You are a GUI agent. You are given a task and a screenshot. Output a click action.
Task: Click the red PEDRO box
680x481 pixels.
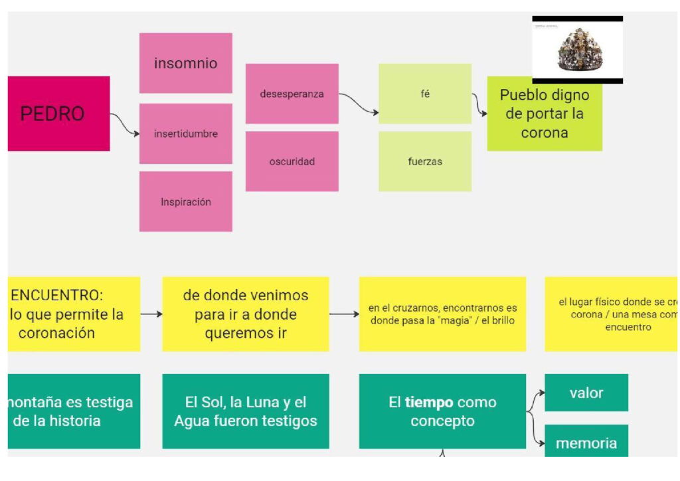(58, 114)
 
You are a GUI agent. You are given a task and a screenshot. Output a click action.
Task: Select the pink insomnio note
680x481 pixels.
(185, 63)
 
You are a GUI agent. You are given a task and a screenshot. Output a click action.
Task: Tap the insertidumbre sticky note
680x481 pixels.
(185, 134)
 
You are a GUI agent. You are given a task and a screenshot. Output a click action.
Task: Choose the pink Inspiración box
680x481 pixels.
(185, 201)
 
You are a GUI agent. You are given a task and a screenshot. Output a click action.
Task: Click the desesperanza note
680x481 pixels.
(292, 94)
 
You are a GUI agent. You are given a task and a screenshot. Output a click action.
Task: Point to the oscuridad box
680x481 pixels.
(292, 161)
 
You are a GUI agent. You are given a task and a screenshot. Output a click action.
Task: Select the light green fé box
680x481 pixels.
(425, 94)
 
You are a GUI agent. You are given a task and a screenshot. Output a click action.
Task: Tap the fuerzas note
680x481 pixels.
(425, 161)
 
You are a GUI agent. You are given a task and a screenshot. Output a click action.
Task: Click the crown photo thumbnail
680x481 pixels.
(577, 50)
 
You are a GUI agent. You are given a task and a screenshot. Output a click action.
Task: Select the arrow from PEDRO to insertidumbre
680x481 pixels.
(125, 125)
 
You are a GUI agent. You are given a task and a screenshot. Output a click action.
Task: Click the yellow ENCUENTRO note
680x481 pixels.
(74, 314)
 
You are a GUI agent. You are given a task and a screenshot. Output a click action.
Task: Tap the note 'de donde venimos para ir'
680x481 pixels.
(245, 314)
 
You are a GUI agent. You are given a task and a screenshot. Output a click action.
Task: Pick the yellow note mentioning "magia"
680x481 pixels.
(442, 314)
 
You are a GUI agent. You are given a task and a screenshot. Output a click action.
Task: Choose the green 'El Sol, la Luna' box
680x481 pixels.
(245, 411)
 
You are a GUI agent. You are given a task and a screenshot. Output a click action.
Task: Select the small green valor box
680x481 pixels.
(586, 393)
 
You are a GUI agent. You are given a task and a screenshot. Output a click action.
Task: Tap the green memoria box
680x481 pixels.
(586, 442)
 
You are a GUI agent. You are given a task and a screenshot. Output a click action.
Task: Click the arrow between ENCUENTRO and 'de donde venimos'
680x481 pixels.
(151, 314)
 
